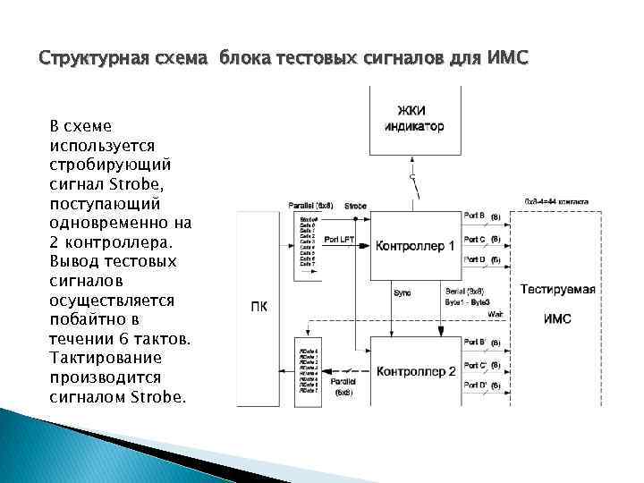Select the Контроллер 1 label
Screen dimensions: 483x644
[x=414, y=245]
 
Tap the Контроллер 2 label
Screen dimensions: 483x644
[x=415, y=371]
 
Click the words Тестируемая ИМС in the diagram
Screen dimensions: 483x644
[x=558, y=303]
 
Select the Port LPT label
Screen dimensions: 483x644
[x=339, y=240]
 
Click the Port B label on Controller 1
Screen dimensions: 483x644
[x=475, y=216]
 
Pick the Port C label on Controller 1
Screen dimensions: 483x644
[x=475, y=239]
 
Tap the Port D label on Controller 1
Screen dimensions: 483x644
[x=475, y=259]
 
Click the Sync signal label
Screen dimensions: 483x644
[x=402, y=292]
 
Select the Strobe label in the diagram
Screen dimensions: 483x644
[x=355, y=206]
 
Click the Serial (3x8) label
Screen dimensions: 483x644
[x=464, y=292]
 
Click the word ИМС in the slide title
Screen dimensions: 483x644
[x=510, y=59]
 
